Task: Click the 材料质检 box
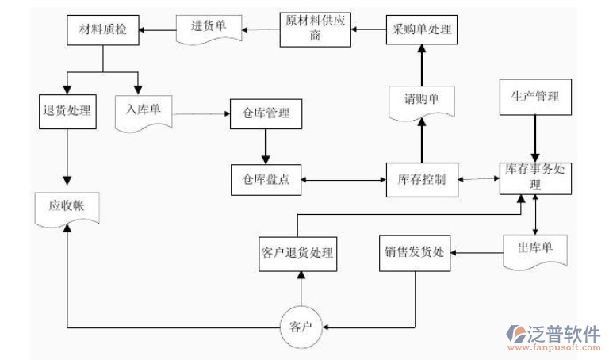point(101,31)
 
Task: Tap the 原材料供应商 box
point(316,29)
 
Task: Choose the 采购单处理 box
point(422,30)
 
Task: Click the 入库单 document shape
point(144,110)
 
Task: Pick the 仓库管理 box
point(266,113)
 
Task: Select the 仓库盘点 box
point(266,179)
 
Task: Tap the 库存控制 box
point(421,179)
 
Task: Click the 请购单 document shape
point(422,101)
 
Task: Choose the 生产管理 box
point(536,97)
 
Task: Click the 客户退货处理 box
point(297,253)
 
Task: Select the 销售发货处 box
point(415,253)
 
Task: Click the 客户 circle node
point(301,326)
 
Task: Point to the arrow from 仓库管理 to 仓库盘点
point(266,147)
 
